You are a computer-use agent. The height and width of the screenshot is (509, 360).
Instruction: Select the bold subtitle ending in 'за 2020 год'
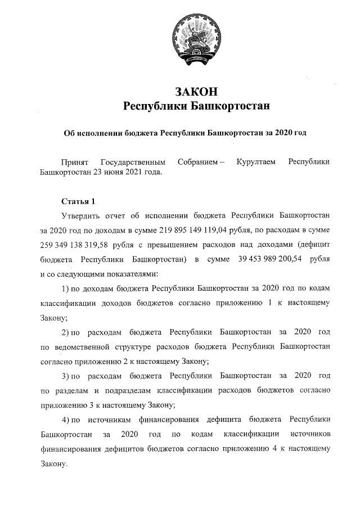tap(186, 133)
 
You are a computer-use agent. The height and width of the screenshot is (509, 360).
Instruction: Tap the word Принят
tap(75, 161)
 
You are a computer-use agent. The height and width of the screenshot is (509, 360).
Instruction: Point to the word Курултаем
tap(256, 161)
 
